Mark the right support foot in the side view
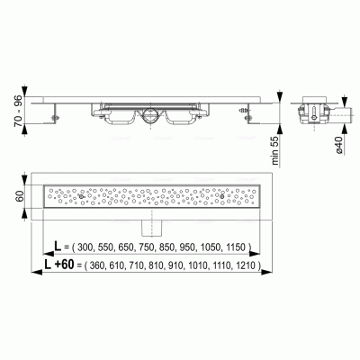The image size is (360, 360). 246,112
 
